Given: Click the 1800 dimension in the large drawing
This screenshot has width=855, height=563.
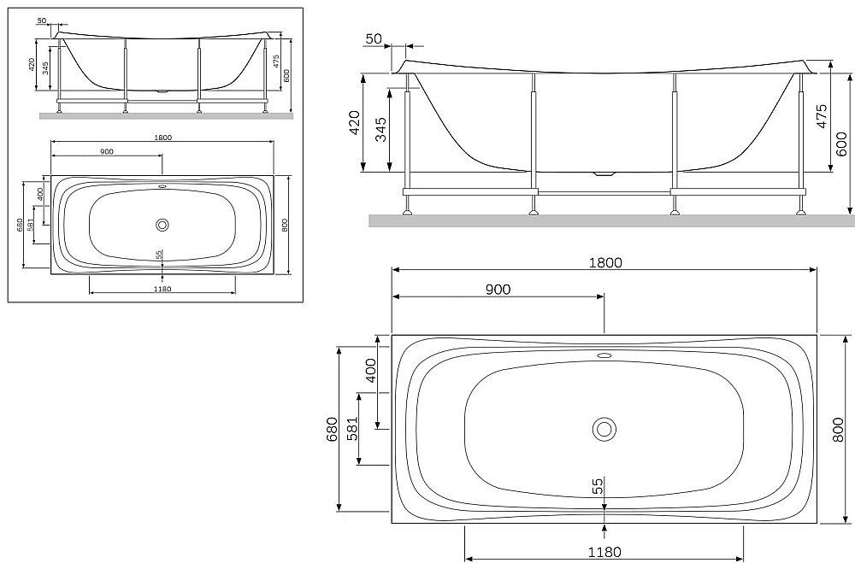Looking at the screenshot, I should (604, 262).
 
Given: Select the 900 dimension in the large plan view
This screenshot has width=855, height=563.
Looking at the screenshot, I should (498, 289).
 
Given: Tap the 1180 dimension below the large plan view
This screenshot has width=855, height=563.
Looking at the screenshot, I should (604, 551).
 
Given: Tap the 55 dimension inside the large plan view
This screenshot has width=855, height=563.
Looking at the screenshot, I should (598, 485).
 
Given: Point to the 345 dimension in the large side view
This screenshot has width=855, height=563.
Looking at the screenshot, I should (381, 129).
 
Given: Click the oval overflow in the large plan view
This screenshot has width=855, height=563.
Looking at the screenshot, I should (604, 355).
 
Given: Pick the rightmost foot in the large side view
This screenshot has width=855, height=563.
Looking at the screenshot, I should (803, 207).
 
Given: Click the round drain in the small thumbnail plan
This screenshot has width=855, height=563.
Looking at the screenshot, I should (162, 225).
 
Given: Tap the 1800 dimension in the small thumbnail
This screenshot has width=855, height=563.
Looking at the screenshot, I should (162, 138).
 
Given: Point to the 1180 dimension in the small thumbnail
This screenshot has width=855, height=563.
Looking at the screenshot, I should (162, 289).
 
